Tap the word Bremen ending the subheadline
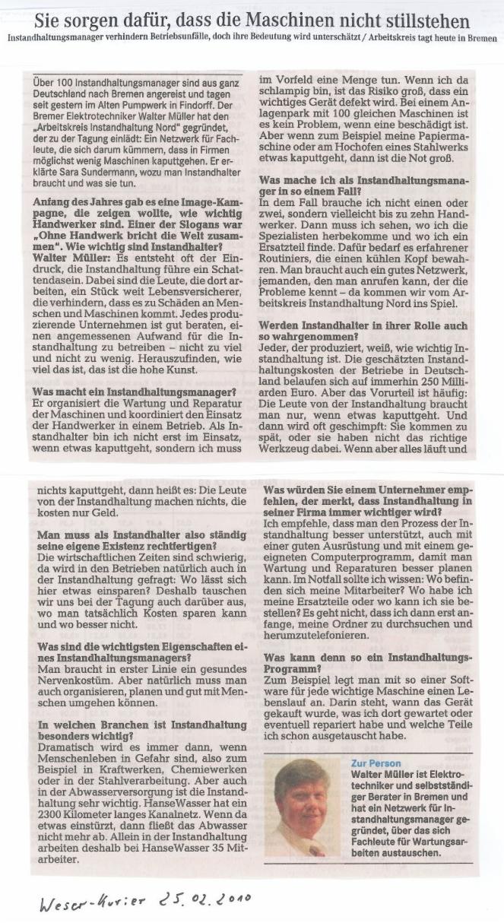click(x=483, y=36)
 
